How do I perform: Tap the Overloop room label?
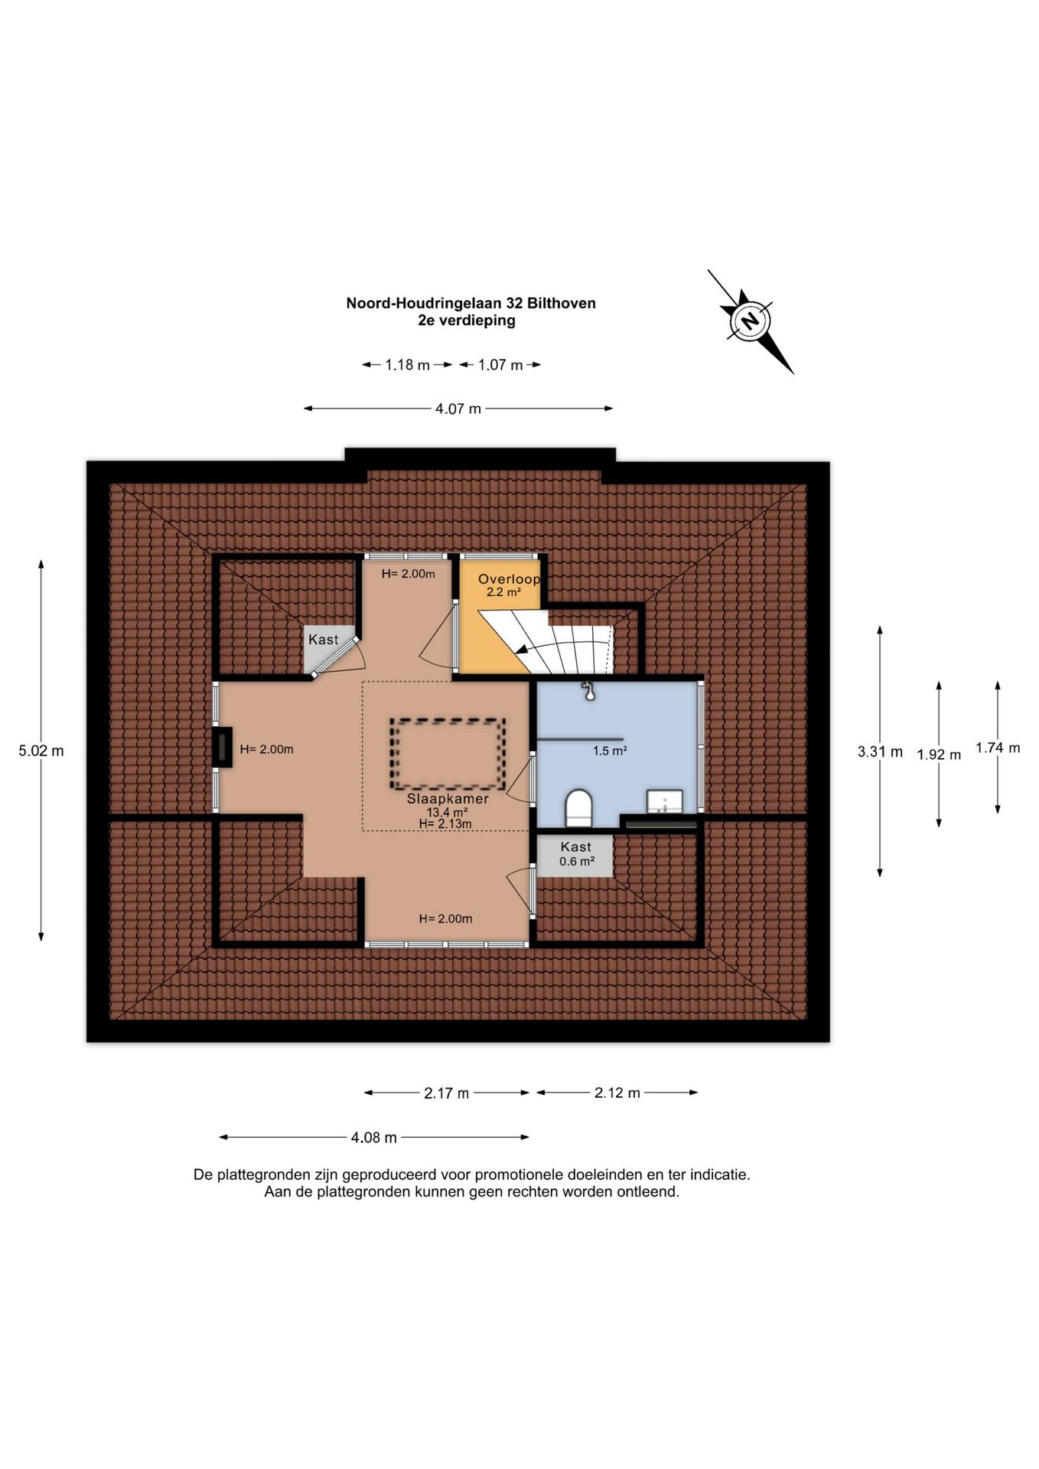509,579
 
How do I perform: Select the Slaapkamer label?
448,799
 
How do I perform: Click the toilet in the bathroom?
578,808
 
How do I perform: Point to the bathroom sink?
665,801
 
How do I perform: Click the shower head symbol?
588,691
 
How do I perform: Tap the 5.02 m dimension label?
41,751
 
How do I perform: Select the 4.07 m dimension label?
458,409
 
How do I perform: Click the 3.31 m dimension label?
880,751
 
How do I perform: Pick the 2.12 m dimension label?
617,1093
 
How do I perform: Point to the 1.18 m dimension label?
407,365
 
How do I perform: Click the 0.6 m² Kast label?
576,854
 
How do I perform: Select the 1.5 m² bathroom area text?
610,751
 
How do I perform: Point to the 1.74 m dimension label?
998,748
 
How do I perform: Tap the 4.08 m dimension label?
374,1138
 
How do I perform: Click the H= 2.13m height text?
445,824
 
